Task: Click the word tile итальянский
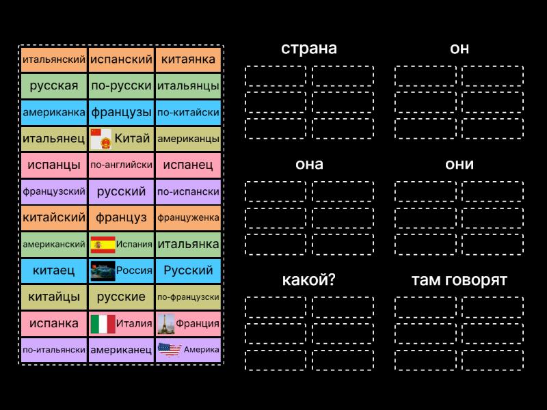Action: point(54,59)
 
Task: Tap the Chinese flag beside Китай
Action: point(101,139)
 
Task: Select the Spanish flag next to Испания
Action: point(103,245)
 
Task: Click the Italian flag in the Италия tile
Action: point(103,324)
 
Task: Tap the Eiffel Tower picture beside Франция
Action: point(165,324)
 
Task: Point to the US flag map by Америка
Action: point(170,350)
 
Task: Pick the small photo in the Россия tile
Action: point(103,271)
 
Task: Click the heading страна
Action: point(309,49)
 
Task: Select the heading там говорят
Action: point(459,280)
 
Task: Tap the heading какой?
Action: point(309,279)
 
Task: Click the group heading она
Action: point(309,164)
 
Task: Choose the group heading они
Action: point(459,164)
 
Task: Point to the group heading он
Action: point(459,49)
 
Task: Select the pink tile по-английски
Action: point(121,165)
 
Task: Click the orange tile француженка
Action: point(189,218)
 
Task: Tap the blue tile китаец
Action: point(54,271)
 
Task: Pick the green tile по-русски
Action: point(121,86)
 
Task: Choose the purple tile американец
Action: point(121,350)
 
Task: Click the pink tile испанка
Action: point(54,323)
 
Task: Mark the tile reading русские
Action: point(121,297)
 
